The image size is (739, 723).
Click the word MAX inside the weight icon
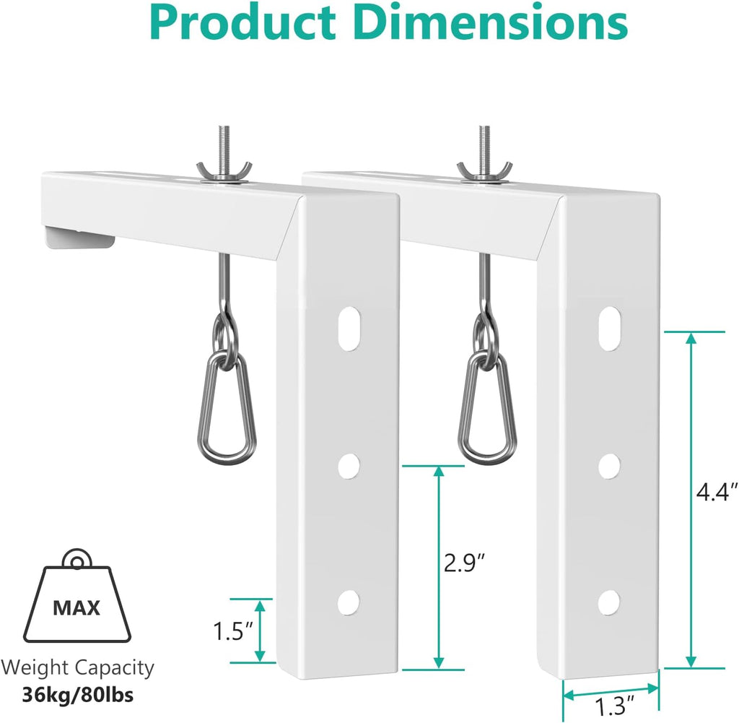[x=76, y=607]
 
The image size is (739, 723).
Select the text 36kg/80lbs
[x=77, y=696]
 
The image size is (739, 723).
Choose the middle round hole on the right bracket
[x=610, y=465]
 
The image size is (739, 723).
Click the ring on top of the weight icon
[x=76, y=559]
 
